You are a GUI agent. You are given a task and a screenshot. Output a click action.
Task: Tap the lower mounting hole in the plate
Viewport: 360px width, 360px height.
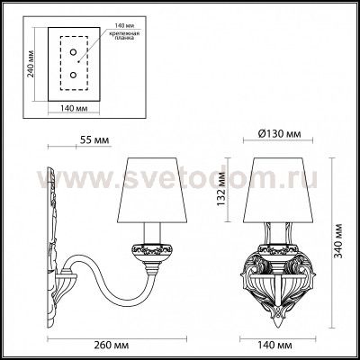pyautogui.click(x=67, y=78)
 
